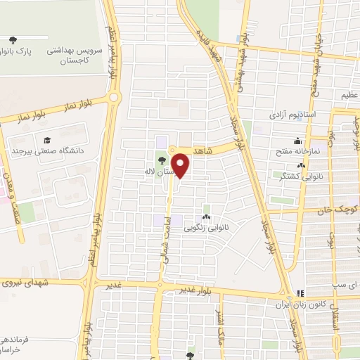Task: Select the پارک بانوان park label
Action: [10, 51]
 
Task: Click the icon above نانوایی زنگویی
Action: [206, 217]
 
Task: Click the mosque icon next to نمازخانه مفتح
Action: [297, 140]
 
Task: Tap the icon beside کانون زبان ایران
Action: [300, 293]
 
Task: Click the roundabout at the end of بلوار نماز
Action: [115, 98]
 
